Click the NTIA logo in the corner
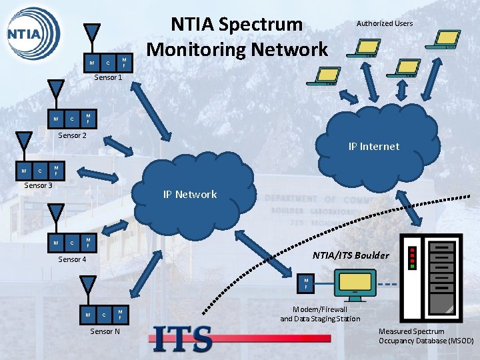(x=32, y=32)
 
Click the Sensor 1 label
(x=108, y=77)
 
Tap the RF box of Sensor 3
(x=24, y=171)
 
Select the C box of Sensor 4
(x=72, y=243)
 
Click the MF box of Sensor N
(x=119, y=313)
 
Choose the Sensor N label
(x=105, y=331)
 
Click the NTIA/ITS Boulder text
(x=351, y=255)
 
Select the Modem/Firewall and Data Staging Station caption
(x=320, y=314)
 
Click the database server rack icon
(x=430, y=277)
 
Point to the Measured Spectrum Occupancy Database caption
(x=425, y=336)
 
